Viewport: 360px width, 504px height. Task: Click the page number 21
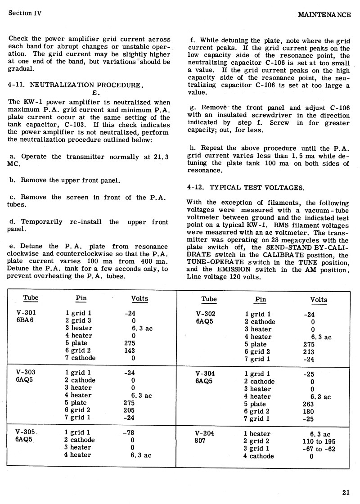point(346,491)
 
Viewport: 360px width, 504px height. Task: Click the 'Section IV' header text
point(25,13)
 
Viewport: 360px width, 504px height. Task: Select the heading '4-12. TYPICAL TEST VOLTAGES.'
point(245,187)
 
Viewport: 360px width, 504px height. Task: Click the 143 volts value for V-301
point(130,350)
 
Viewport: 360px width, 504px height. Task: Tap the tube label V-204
point(206,434)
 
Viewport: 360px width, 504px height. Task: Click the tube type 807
point(200,441)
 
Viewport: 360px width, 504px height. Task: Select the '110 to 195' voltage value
point(319,441)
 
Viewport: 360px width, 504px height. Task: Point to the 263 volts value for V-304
point(309,404)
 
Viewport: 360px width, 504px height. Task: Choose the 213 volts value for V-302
point(309,352)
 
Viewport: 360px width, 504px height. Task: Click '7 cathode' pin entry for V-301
point(81,358)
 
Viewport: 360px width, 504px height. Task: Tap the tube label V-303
point(26,372)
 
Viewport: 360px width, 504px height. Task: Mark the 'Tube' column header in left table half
point(31,298)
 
